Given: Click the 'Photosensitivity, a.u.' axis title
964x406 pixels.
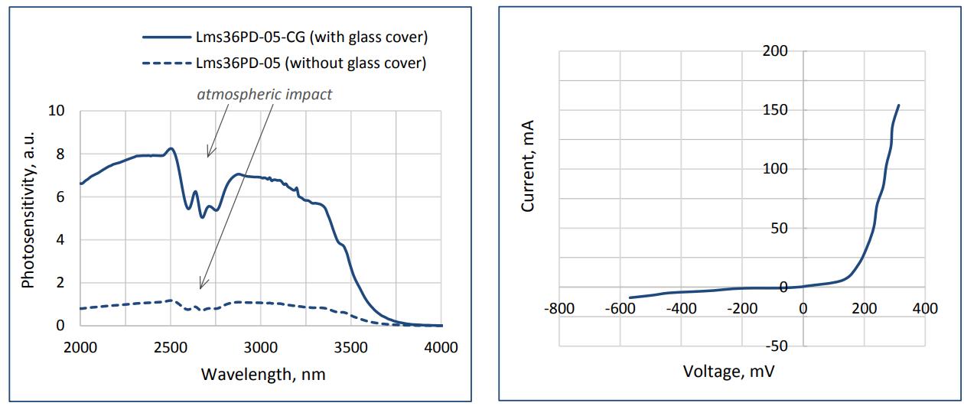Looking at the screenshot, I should click(x=29, y=218).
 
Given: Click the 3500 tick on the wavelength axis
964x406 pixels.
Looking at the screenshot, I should click(x=350, y=348).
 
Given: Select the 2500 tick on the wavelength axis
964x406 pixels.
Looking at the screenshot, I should click(x=171, y=348).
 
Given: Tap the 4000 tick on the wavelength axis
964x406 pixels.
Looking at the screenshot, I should click(x=440, y=348).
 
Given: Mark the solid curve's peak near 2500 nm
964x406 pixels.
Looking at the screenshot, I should click(x=171, y=148).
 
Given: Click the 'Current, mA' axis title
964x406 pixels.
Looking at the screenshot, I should click(x=528, y=165).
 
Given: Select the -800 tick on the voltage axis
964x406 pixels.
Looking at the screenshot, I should click(x=559, y=308).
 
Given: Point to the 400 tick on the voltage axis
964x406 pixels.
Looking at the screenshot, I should click(x=924, y=308).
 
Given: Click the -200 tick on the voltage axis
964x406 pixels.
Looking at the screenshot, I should click(x=741, y=308).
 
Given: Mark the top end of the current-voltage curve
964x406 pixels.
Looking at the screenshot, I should click(x=898, y=106).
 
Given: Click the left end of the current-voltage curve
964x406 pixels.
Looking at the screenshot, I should click(x=630, y=297).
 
